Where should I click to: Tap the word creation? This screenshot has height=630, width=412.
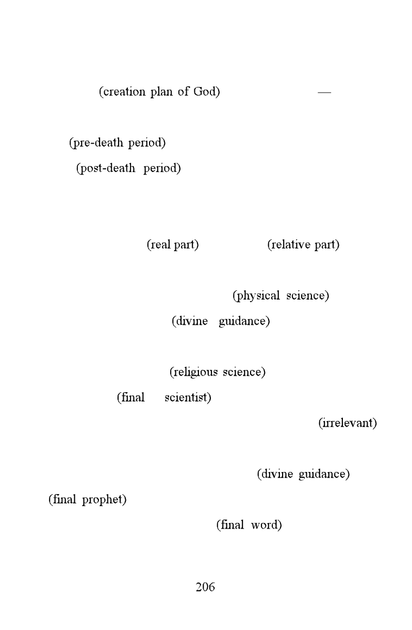pyautogui.click(x=122, y=92)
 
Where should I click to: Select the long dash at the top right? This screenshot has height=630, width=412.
pyautogui.click(x=324, y=92)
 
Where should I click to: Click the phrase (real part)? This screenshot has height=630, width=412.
pyautogui.click(x=173, y=244)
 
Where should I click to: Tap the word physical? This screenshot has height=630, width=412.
pyautogui.click(x=256, y=296)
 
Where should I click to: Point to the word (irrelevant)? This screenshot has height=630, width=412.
pyautogui.click(x=348, y=423)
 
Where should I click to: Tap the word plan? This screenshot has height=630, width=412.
pyautogui.click(x=161, y=92)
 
